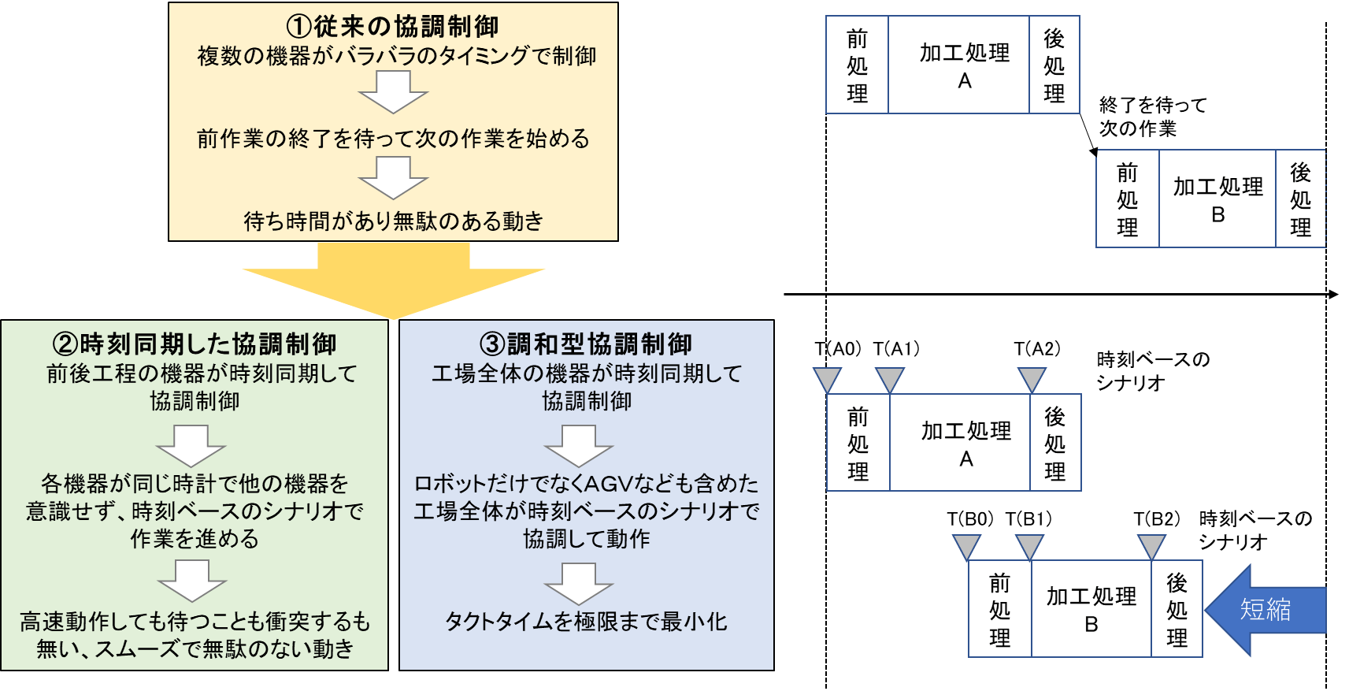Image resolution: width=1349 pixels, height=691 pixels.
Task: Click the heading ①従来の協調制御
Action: [392, 26]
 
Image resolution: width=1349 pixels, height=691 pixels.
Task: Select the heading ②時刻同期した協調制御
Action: [195, 344]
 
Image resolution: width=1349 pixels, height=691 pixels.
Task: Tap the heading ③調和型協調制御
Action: [586, 344]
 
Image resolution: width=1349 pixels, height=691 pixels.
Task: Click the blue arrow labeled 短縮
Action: [1266, 609]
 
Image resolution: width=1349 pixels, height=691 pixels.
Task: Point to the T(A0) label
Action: [838, 348]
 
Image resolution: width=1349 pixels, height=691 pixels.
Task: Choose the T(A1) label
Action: [896, 348]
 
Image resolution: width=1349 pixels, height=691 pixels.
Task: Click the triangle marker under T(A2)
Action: [1032, 380]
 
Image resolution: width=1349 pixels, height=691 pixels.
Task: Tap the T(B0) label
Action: [970, 518]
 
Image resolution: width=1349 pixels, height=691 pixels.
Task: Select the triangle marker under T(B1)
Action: [1029, 546]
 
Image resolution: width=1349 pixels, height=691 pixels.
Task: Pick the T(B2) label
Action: [1157, 518]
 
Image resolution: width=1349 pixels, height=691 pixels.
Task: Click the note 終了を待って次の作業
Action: [1152, 117]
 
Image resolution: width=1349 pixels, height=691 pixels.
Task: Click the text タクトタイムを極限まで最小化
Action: [586, 622]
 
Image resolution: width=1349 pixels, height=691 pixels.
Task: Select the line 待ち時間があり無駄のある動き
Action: [393, 221]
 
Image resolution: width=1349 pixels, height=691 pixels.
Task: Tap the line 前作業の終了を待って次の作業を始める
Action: [393, 139]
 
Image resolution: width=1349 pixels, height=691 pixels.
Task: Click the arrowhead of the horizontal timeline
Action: [1333, 295]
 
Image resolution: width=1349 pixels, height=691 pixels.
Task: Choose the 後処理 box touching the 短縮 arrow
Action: [1177, 609]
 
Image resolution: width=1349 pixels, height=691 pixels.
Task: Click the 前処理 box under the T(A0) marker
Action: [858, 443]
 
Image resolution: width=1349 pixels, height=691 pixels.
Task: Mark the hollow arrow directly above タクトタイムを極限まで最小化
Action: [579, 584]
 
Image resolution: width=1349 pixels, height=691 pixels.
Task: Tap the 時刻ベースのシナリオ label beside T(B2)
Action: [1255, 529]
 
